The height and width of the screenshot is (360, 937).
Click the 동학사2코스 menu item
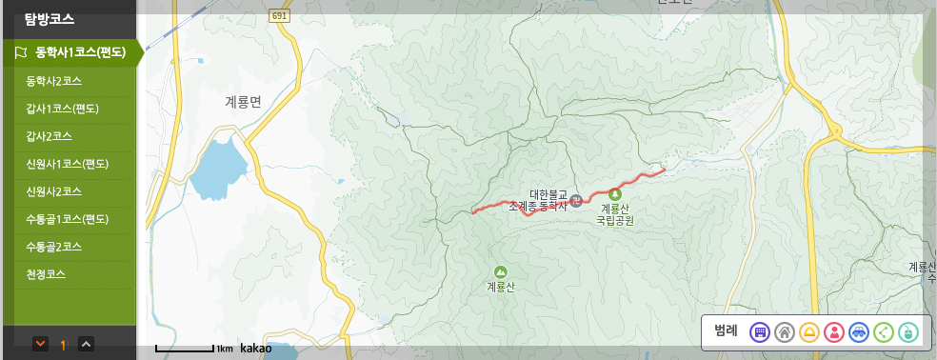click(x=54, y=80)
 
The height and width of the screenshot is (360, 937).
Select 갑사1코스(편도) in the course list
click(x=63, y=108)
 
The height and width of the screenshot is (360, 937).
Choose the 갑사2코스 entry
click(x=54, y=135)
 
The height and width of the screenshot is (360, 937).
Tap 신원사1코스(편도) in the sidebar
click(x=68, y=164)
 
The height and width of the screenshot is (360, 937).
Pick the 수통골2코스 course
click(x=54, y=247)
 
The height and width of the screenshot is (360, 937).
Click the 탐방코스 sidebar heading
click(x=50, y=18)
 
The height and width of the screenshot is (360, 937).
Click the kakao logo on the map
click(x=255, y=349)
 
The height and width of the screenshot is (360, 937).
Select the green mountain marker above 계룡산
click(x=500, y=271)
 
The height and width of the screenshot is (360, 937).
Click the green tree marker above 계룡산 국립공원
click(x=614, y=193)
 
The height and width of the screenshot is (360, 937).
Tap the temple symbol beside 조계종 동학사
click(x=575, y=199)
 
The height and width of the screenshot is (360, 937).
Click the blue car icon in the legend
click(x=858, y=331)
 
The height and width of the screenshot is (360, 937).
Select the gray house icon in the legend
click(x=784, y=331)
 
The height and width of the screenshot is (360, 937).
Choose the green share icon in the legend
click(x=883, y=331)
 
